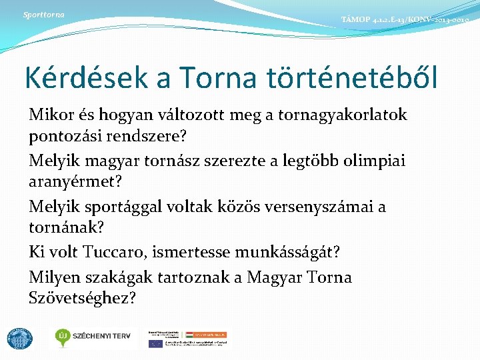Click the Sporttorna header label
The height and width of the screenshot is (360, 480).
click(43, 14)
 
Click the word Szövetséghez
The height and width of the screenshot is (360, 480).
click(83, 298)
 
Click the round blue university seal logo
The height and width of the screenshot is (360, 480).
click(19, 338)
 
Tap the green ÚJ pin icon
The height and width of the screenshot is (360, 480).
click(64, 336)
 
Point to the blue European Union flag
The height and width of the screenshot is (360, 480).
click(156, 343)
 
